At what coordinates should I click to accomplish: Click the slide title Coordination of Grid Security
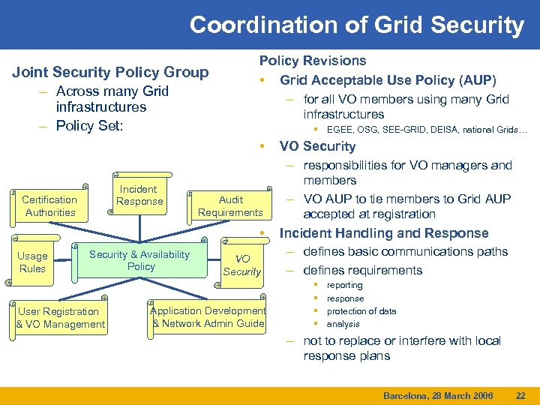click(x=356, y=25)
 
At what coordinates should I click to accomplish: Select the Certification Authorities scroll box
click(x=49, y=206)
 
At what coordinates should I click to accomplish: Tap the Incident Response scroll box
click(x=139, y=196)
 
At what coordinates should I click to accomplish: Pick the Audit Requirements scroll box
click(x=230, y=206)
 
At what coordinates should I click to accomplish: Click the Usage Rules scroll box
click(x=32, y=262)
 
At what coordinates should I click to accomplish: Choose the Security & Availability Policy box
click(x=140, y=260)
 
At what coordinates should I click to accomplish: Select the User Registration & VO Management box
click(x=61, y=318)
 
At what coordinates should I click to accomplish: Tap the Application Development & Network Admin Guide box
click(x=208, y=317)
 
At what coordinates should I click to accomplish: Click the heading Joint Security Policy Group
click(x=111, y=72)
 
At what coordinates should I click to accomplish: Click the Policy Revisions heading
click(x=313, y=61)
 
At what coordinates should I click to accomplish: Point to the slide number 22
click(x=521, y=395)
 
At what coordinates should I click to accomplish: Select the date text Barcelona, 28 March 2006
click(x=438, y=395)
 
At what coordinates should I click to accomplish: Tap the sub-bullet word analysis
click(x=343, y=324)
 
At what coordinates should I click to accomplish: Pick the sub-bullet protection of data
click(x=361, y=311)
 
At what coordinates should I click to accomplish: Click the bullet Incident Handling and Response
click(x=383, y=233)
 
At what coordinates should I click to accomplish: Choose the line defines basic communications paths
click(x=406, y=252)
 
